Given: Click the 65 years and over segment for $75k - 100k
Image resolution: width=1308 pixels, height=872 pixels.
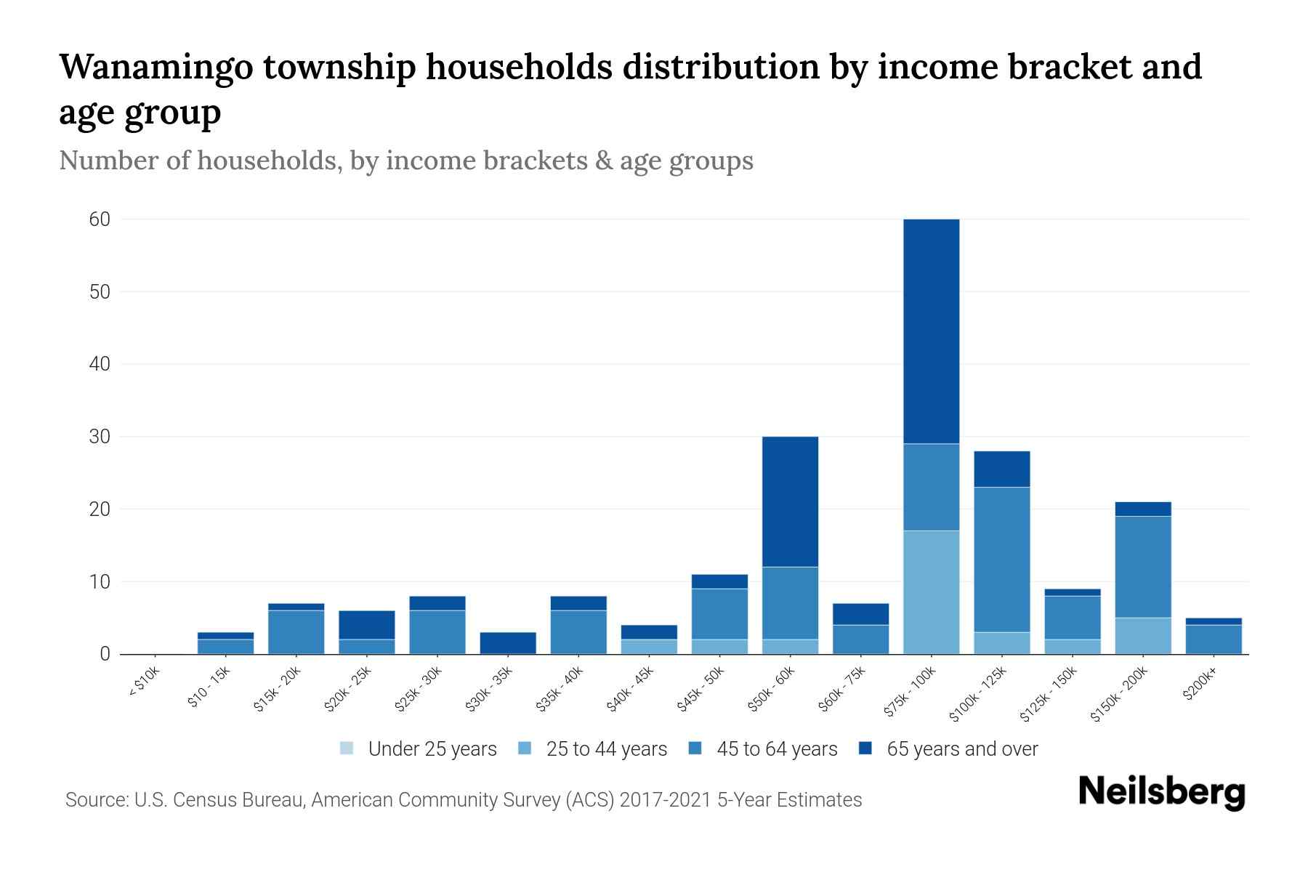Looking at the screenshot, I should [931, 331].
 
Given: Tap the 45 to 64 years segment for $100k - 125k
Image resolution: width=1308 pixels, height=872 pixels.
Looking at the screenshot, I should [1001, 560].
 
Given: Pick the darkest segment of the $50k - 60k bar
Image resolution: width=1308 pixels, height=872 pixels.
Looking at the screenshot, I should [790, 501].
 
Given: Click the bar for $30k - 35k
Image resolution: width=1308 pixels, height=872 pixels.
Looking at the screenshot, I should [508, 643].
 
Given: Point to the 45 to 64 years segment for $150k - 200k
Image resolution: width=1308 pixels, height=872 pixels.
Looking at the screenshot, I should [1143, 567].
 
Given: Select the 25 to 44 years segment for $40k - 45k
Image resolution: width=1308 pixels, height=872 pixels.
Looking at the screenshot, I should [649, 647].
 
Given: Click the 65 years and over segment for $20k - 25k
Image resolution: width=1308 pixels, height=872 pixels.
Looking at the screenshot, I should [366, 625].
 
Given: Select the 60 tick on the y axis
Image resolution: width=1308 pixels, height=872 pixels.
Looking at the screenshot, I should [100, 219].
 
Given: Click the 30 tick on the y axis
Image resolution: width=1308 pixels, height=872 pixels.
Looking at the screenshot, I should [100, 437].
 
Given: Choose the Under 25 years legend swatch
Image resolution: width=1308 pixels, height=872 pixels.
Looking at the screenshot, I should [347, 748].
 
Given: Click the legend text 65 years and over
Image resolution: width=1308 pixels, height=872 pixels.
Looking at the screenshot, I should [962, 749].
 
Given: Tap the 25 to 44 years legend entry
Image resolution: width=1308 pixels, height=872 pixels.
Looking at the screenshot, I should [606, 749].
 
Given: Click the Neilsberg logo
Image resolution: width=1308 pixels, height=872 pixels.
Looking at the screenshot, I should [1161, 792].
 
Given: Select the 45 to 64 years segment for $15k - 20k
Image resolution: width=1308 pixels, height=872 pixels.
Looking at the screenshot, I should [296, 632].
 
